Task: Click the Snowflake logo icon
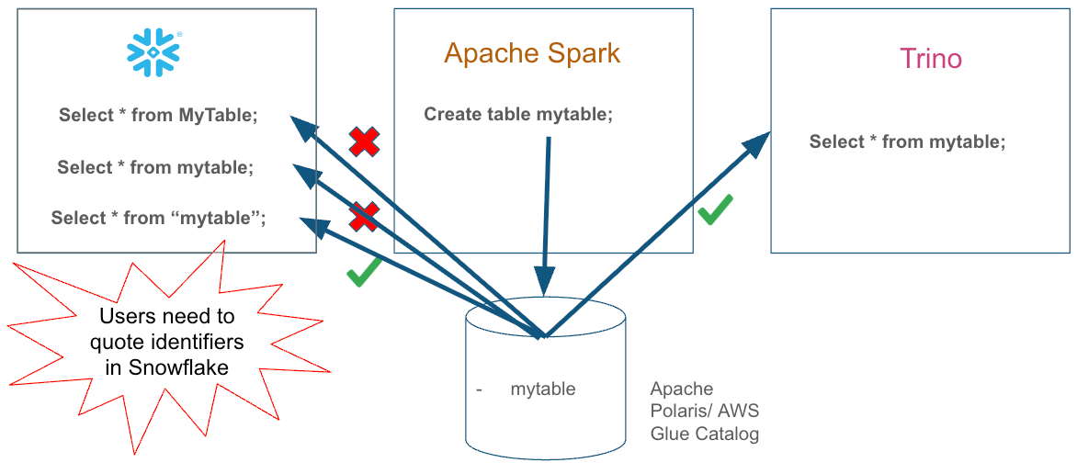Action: [153, 51]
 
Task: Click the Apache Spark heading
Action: [532, 53]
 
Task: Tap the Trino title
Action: [931, 59]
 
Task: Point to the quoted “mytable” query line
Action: [158, 218]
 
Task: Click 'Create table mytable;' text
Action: [517, 115]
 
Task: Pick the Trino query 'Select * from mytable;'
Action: [907, 141]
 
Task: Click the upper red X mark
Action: [365, 141]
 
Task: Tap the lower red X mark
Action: [364, 217]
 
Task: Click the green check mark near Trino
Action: [715, 209]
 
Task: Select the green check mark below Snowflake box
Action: [364, 273]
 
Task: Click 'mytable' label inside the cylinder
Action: [542, 389]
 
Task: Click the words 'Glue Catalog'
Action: [705, 434]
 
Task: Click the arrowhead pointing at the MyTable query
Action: [301, 126]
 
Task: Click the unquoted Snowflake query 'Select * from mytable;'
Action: [155, 167]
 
